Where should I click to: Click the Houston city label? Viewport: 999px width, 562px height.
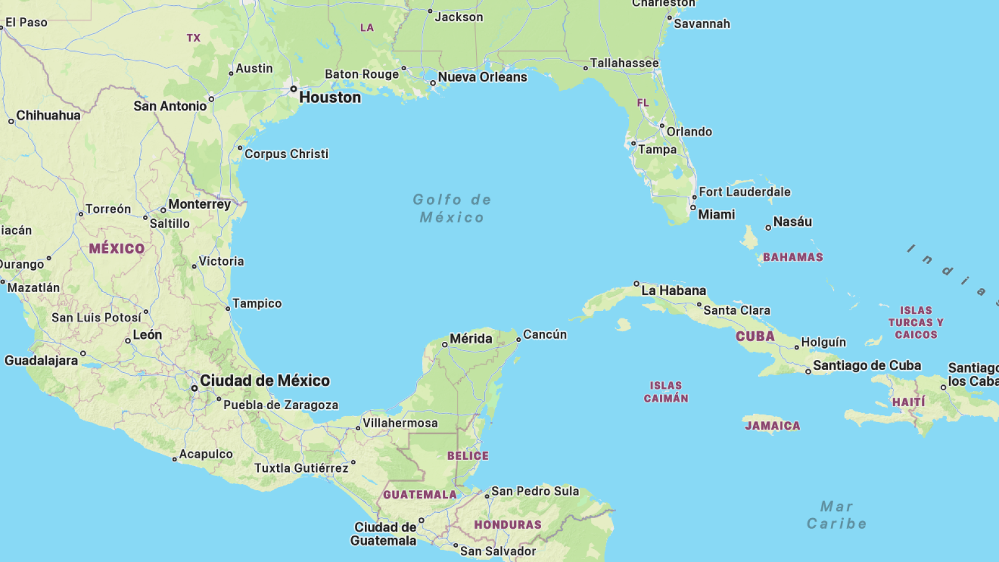point(330,97)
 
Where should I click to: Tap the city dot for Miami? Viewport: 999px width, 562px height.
point(693,207)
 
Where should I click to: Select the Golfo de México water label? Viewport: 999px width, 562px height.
point(452,208)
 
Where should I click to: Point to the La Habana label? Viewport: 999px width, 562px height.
point(673,290)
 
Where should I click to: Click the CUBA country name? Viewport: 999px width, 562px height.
point(755,337)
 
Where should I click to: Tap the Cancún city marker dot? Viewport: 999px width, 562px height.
point(518,340)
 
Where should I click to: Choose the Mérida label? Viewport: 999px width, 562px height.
point(471,338)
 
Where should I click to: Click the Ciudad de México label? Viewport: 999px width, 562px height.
point(265,381)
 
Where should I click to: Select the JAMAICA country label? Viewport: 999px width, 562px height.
point(772,426)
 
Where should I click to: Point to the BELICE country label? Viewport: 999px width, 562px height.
point(468,456)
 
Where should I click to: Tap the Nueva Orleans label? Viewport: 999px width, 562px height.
point(483,77)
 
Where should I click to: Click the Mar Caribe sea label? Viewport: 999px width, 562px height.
point(837,515)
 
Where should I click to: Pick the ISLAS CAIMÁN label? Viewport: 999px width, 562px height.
point(666,392)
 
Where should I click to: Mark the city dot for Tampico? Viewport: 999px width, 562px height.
point(228,309)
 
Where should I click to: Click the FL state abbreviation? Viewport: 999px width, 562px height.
point(643,103)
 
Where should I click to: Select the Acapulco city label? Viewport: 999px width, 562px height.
point(206,454)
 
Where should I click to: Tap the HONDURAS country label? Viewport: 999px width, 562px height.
point(508,525)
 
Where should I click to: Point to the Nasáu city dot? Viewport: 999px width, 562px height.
point(768,228)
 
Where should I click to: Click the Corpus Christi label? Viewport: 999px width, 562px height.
point(286,154)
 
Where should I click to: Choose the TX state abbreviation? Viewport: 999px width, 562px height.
point(193,38)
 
